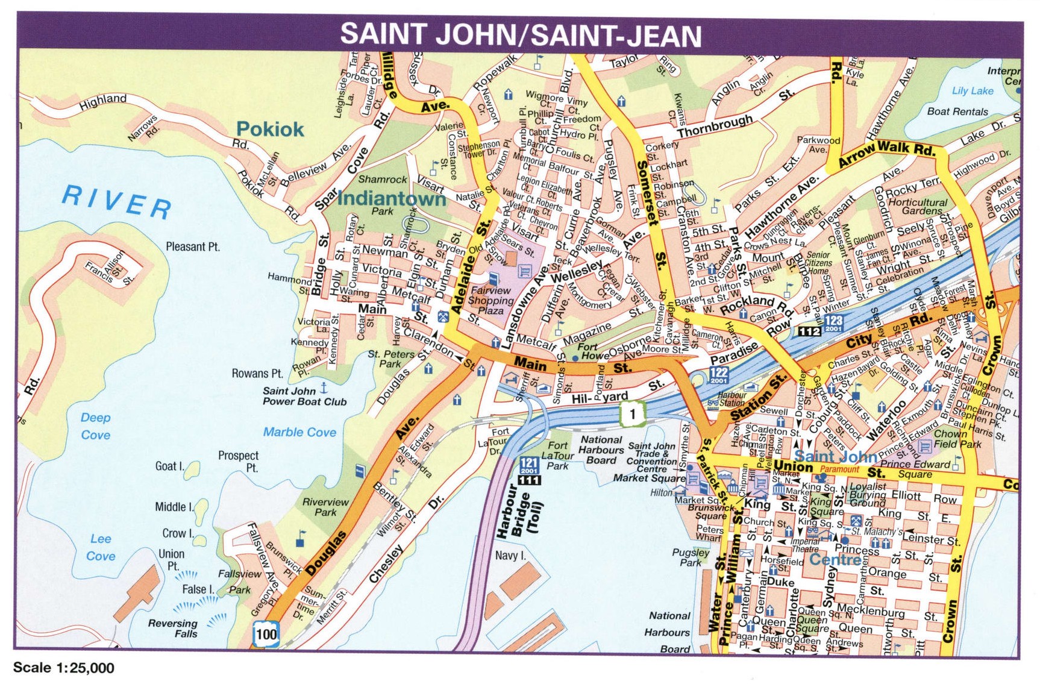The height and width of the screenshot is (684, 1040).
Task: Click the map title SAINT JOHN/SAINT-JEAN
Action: click(x=521, y=35)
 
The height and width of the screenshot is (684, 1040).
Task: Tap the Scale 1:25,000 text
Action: click(x=63, y=668)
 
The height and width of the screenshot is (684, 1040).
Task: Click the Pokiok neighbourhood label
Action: click(x=270, y=129)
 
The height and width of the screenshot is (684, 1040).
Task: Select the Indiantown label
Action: click(x=392, y=198)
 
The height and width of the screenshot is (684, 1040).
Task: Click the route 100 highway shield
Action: click(x=266, y=633)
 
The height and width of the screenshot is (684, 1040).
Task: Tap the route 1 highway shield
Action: click(x=632, y=413)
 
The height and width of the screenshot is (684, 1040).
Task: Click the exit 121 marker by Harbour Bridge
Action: click(x=528, y=465)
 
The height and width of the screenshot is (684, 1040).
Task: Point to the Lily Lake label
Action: click(x=973, y=90)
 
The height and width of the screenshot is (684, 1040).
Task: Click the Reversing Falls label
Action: click(x=173, y=629)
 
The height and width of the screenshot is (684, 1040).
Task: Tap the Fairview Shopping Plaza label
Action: click(x=490, y=300)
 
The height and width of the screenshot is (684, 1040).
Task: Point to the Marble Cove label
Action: click(x=299, y=432)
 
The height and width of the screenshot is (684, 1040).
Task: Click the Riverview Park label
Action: click(x=325, y=507)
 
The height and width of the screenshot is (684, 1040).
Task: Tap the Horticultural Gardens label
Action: click(x=917, y=206)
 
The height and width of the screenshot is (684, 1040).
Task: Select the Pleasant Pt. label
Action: click(x=193, y=246)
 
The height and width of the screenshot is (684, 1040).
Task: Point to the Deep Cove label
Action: click(x=96, y=426)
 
